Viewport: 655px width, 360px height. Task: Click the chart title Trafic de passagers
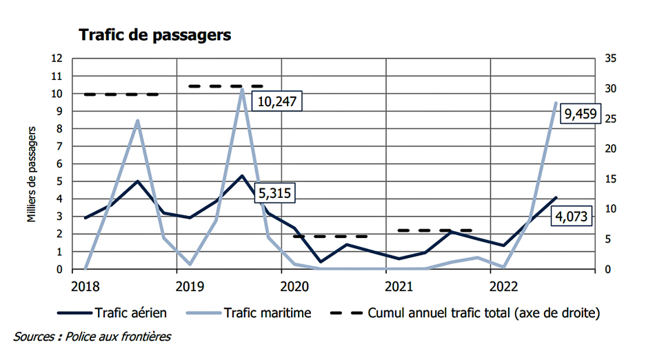tap(155, 35)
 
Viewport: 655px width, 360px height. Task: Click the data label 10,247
tap(279, 101)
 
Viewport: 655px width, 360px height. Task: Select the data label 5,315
tap(274, 193)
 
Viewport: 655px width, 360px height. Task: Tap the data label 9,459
tap(581, 114)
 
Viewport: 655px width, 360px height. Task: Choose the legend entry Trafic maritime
tap(267, 312)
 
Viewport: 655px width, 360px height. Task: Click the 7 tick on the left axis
tap(61, 146)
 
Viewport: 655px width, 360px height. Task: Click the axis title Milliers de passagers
tap(31, 163)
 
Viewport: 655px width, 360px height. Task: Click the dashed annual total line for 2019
tap(228, 86)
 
